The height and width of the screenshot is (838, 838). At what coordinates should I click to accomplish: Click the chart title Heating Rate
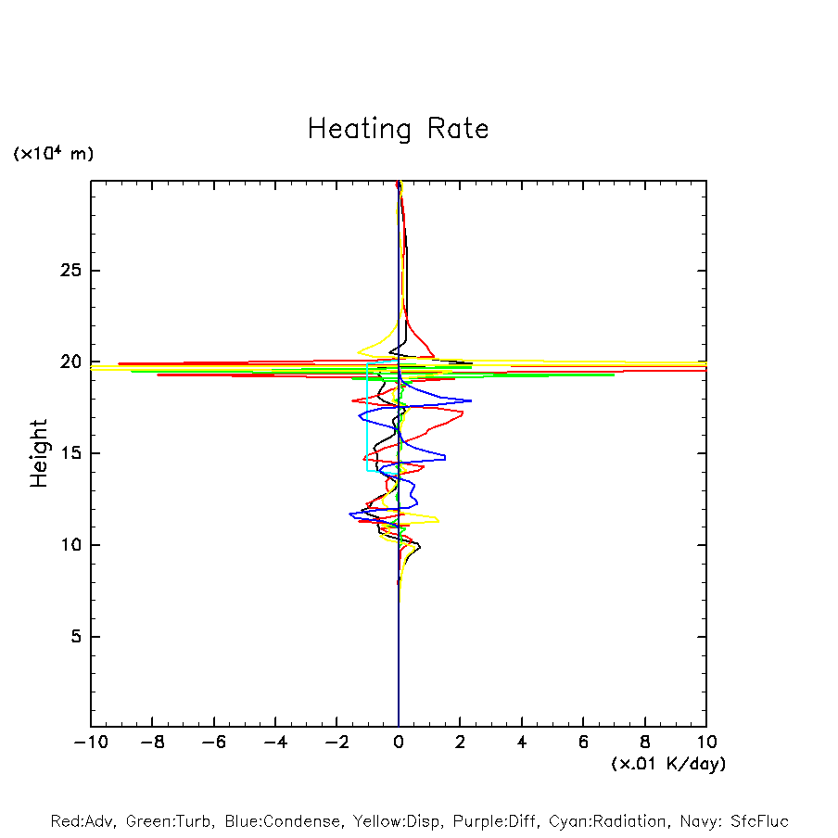click(x=398, y=129)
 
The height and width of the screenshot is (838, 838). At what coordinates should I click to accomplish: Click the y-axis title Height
click(x=39, y=453)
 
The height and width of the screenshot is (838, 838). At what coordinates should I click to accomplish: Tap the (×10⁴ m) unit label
click(x=53, y=154)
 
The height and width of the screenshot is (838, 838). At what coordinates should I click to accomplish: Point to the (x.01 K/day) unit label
click(x=667, y=764)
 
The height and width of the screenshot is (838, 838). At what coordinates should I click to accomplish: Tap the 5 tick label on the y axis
click(x=75, y=637)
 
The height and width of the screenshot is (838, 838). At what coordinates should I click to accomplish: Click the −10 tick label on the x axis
click(x=89, y=743)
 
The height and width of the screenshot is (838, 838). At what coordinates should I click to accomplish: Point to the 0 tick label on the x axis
click(x=399, y=743)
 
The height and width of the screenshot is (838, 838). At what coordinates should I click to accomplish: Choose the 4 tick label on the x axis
click(x=522, y=743)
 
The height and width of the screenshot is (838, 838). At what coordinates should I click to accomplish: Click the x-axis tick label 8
click(x=645, y=743)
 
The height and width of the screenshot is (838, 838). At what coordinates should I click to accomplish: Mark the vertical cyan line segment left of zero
click(x=367, y=417)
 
